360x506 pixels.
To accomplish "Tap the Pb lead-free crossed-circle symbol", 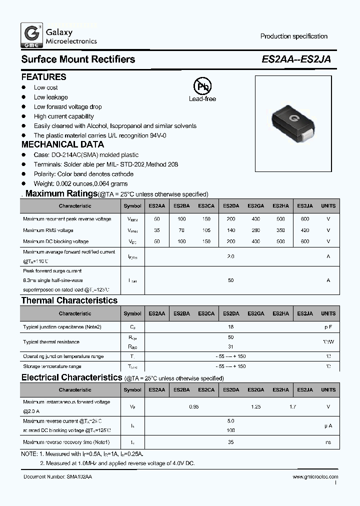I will tap(202, 86).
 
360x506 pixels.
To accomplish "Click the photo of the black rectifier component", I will tap(293, 123).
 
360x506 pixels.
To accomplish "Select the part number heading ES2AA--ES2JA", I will tap(296, 59).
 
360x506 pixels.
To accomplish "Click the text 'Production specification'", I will tap(293, 36).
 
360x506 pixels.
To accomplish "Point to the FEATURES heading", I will tap(43, 77).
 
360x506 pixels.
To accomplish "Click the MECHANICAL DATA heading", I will tap(62, 144).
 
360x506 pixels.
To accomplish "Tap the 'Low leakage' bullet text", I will tap(50, 97).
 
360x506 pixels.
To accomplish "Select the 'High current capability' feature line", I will tap(63, 116).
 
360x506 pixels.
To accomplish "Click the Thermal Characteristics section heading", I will tap(69, 300).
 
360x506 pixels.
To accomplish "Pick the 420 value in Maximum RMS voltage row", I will tap(304, 230).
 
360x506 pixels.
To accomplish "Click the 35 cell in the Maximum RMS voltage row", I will tap(156, 230).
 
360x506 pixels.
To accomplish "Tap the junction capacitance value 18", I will tap(230, 326).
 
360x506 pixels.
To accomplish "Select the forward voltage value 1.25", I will tap(255, 407).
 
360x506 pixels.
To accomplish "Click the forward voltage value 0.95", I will tap(194, 407).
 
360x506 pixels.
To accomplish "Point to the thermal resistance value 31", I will tap(230, 346).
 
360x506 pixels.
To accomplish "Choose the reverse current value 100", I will tap(230, 430).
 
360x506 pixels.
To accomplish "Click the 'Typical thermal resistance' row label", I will tap(51, 342).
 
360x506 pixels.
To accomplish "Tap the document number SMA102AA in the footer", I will tap(79, 477).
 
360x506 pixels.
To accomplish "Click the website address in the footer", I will tap(314, 477).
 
